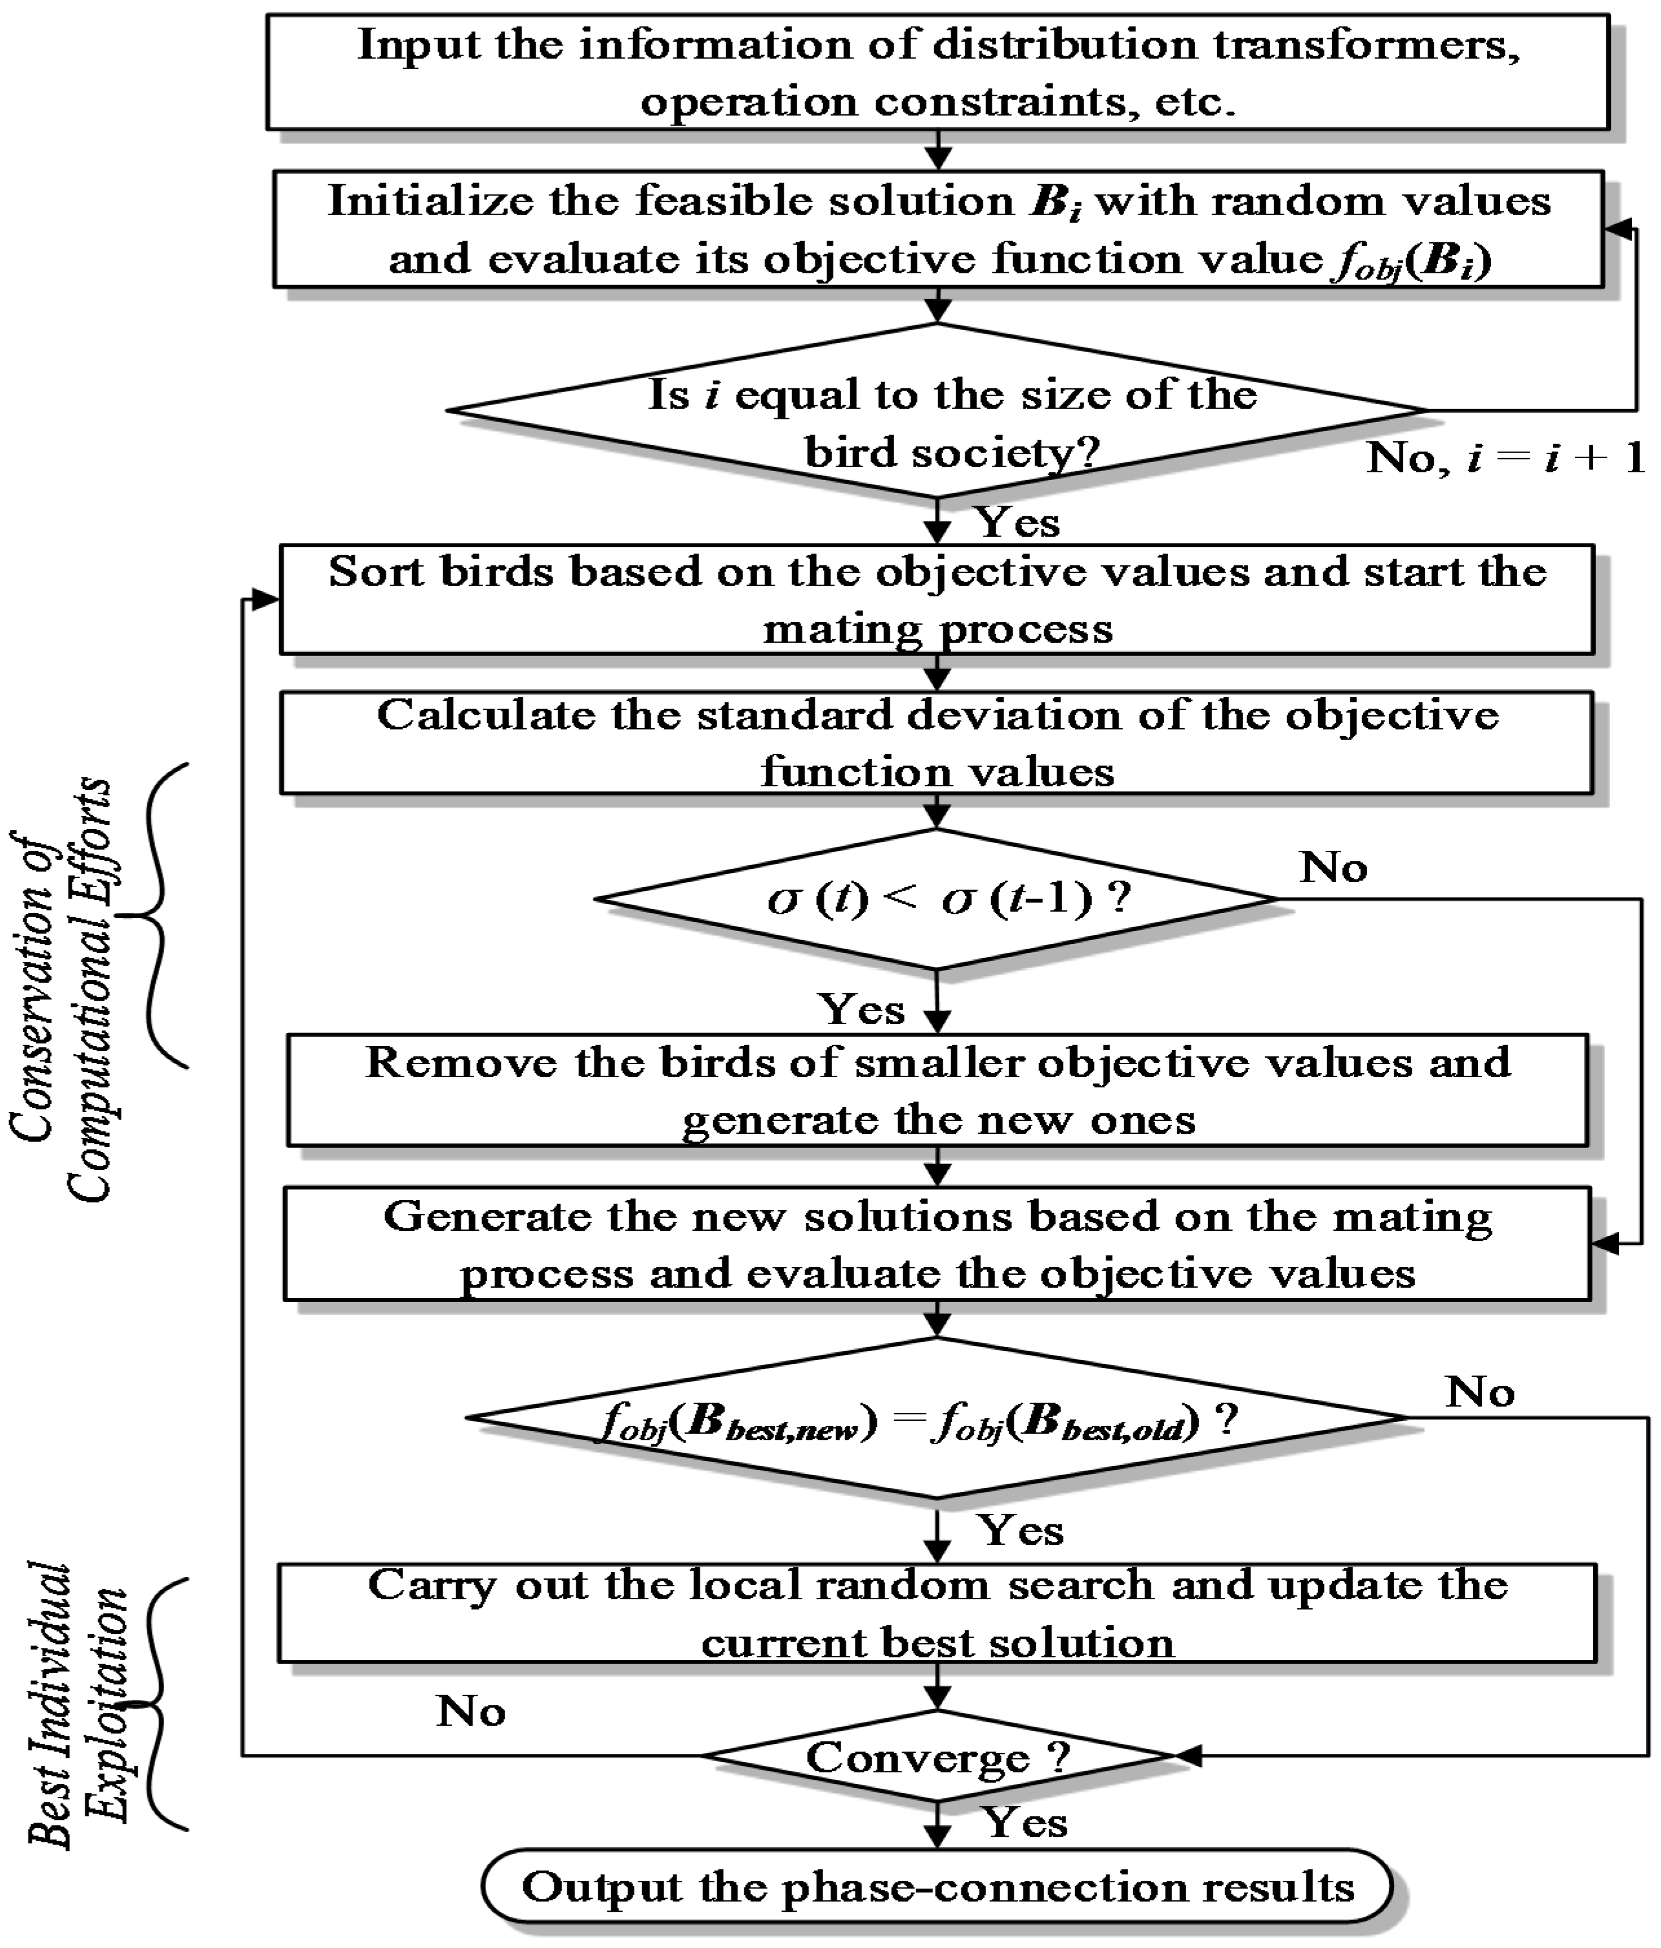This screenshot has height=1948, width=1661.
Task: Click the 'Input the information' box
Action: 937,72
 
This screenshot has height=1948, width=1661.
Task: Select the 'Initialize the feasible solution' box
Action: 937,229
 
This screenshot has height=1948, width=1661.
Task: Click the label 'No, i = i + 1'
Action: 1505,459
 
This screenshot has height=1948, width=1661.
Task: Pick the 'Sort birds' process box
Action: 937,600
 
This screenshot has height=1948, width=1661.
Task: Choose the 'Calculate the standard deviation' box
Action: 937,744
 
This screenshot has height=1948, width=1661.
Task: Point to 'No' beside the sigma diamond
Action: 1333,868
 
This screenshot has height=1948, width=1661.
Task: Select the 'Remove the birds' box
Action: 937,1091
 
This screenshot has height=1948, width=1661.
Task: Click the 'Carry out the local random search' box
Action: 937,1613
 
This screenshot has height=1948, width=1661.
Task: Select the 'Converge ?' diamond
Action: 937,1756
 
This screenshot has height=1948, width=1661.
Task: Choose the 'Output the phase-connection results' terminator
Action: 937,1887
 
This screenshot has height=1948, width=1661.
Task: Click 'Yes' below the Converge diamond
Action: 1025,1823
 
